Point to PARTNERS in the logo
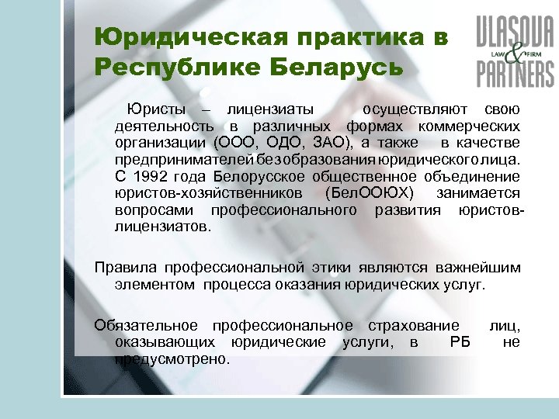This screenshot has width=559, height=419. point(515,73)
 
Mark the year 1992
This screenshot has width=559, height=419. point(152,176)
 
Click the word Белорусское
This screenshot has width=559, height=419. point(234,176)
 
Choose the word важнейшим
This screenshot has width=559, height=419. point(470,268)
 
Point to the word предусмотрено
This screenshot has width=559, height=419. point(172,358)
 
